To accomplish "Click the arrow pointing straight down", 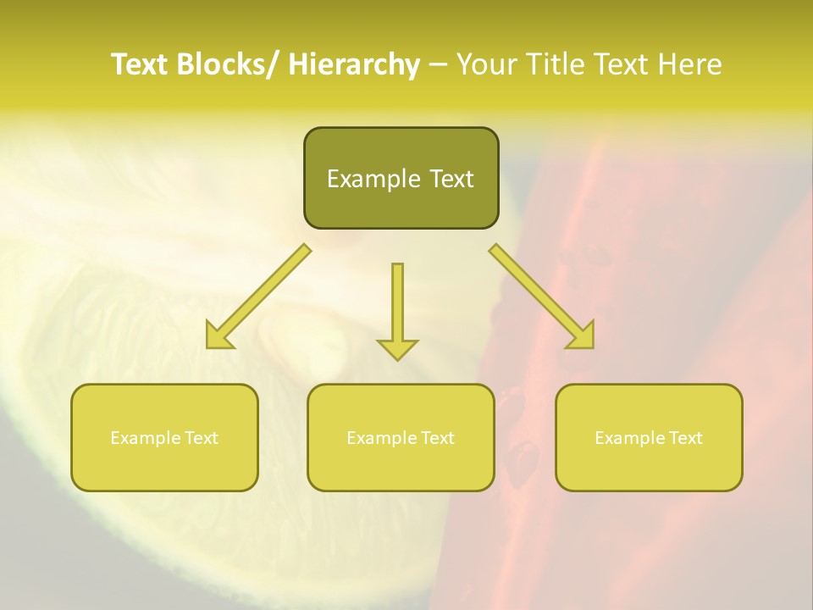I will (x=397, y=309).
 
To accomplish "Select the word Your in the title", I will (x=485, y=64).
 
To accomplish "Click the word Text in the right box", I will (x=685, y=438).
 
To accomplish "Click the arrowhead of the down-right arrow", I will (x=583, y=336).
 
